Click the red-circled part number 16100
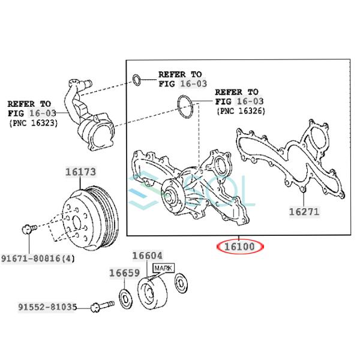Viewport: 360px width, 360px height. coord(240,246)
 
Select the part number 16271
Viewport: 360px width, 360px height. coord(304,211)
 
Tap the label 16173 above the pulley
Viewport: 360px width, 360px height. coord(80,172)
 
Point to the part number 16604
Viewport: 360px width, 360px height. coord(146,256)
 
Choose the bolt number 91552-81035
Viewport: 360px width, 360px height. coord(47,307)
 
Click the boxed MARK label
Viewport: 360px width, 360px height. coord(163,268)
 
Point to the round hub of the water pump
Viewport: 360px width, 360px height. coord(172,193)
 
